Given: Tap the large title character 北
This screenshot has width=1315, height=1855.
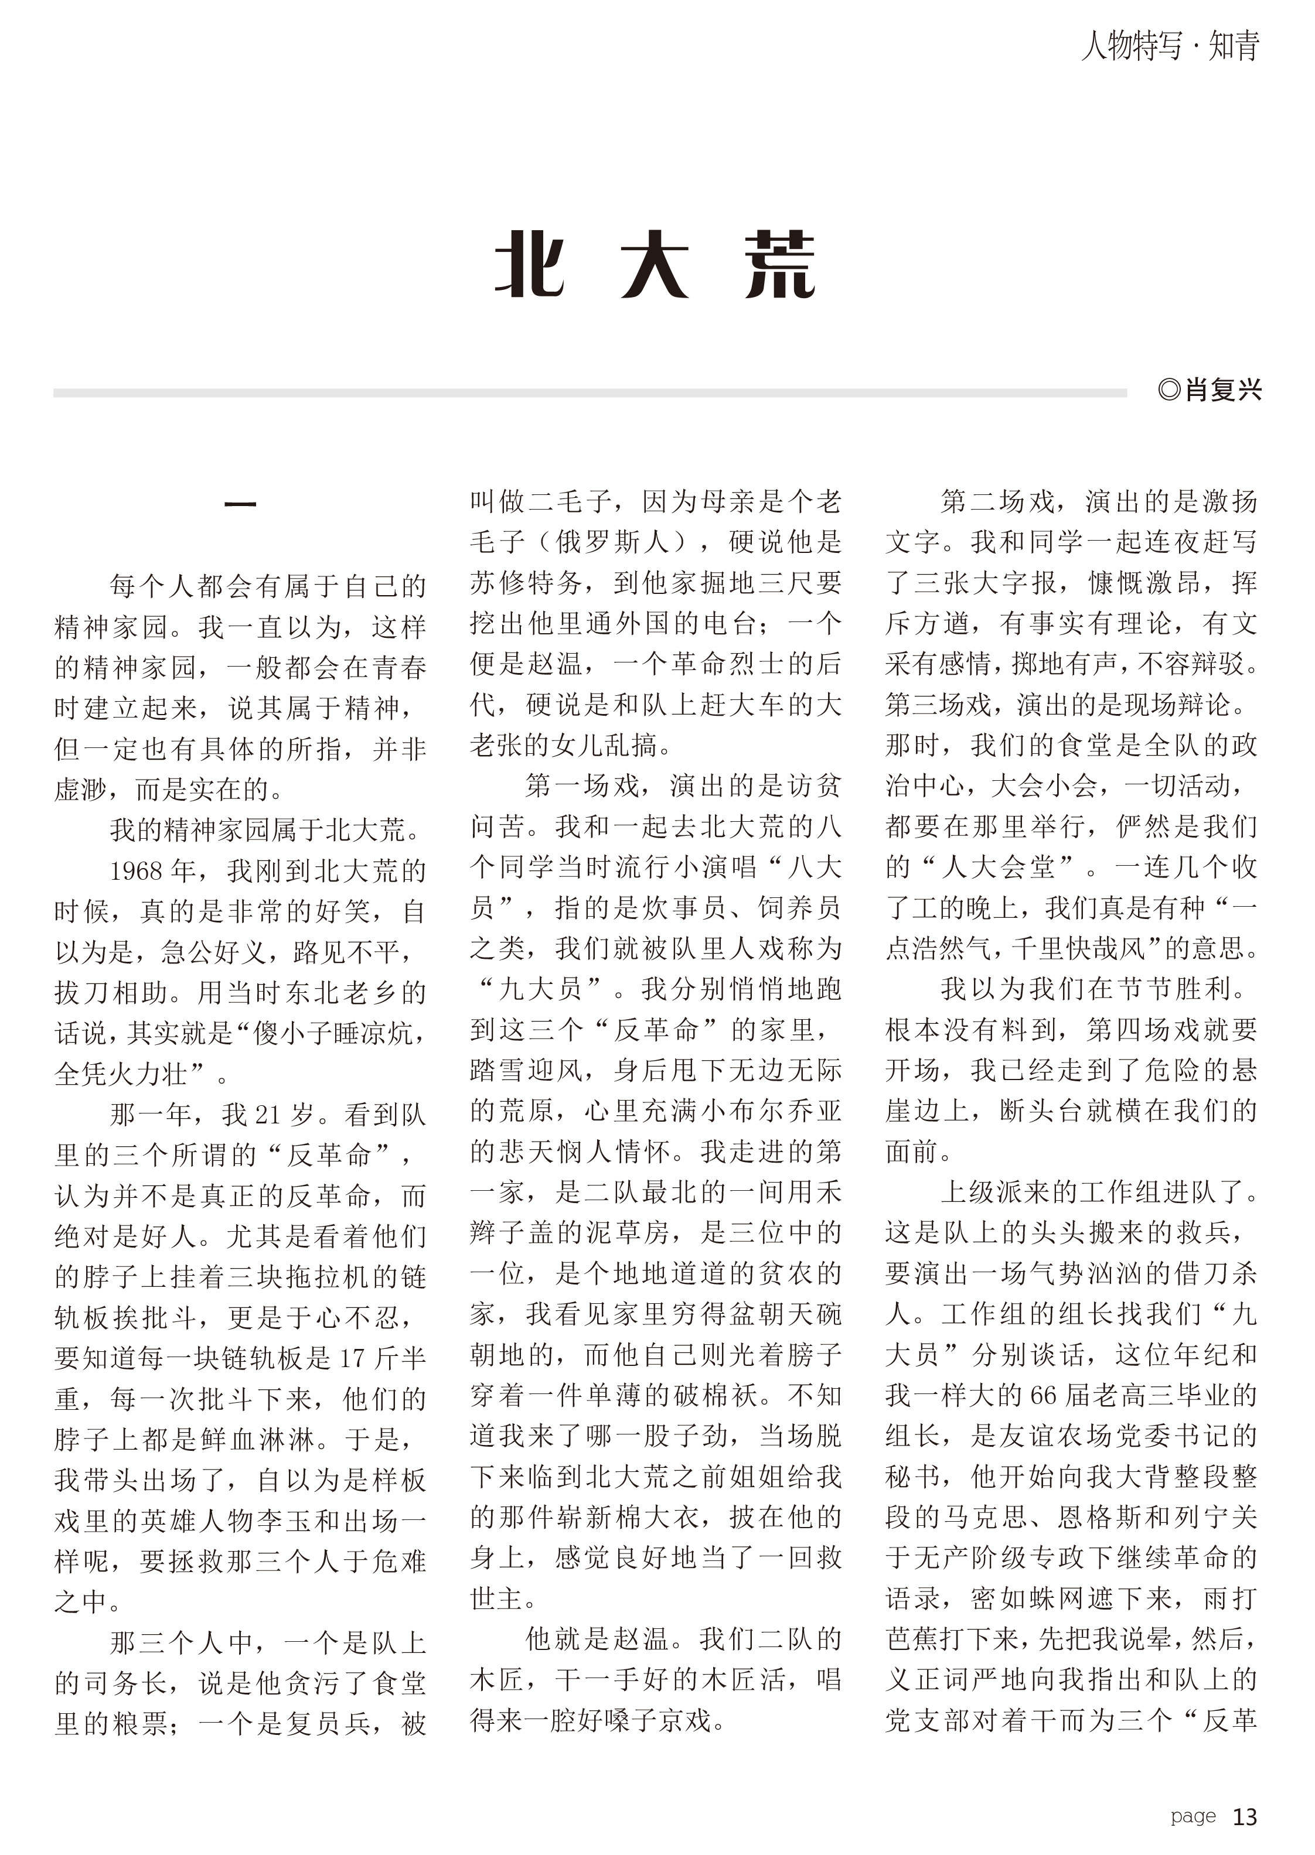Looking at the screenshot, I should coord(530,265).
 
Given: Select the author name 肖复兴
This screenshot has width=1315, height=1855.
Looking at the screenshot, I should coord(1224,390).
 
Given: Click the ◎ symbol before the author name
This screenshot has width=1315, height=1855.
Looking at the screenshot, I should coord(1169,390).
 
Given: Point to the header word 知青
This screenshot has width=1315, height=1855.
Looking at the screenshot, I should coord(1234,46).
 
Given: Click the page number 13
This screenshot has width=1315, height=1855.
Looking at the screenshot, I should coord(1245,1817).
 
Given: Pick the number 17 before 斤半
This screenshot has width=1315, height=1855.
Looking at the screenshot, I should coord(353,1358).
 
